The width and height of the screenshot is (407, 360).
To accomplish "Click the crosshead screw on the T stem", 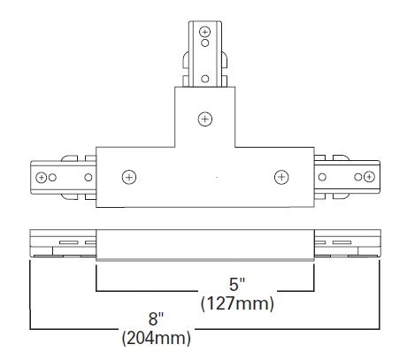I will [x=205, y=118].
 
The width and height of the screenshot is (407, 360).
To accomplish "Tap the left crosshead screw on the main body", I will [x=129, y=176].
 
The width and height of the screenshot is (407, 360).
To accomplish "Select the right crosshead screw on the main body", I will [x=281, y=176].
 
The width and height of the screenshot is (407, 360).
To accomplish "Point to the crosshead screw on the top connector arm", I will [x=205, y=33].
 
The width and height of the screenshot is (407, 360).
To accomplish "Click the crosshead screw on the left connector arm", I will [x=41, y=177].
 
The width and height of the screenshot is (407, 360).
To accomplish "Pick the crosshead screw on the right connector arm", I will [x=370, y=177].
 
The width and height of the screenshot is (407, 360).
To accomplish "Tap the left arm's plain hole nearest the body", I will [x=88, y=177].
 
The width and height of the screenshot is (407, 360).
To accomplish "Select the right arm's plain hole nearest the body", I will [x=325, y=177].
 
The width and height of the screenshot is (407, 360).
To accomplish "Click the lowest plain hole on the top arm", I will [x=205, y=79].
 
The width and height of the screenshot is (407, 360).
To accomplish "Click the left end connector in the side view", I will [x=62, y=243].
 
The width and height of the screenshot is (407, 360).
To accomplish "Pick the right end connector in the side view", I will [x=348, y=243].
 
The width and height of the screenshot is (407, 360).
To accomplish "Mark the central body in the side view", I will [x=205, y=245].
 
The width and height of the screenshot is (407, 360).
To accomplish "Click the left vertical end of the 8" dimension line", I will [x=31, y=292].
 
